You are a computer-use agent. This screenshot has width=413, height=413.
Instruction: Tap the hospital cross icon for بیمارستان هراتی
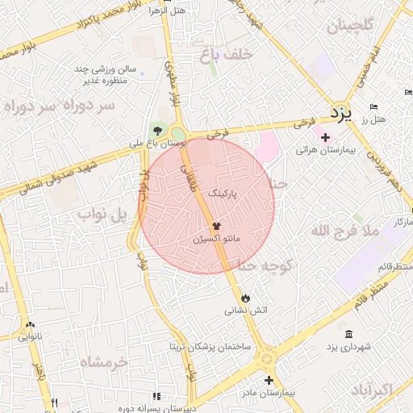coord(325,138)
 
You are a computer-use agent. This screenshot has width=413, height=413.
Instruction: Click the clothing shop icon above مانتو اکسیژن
coord(215,227)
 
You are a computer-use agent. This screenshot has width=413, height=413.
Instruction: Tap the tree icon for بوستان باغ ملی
coord(157,131)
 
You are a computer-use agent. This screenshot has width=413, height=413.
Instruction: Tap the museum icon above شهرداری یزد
coord(348,334)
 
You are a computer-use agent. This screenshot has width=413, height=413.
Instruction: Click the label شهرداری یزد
coord(348,346)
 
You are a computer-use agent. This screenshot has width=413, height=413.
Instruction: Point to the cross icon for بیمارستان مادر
coord(269,380)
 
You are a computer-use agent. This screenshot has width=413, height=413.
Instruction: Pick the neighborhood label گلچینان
coord(351,26)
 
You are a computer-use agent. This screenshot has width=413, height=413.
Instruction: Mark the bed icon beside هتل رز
coord(372,107)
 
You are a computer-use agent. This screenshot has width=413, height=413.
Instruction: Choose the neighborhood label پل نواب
coord(102,215)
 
